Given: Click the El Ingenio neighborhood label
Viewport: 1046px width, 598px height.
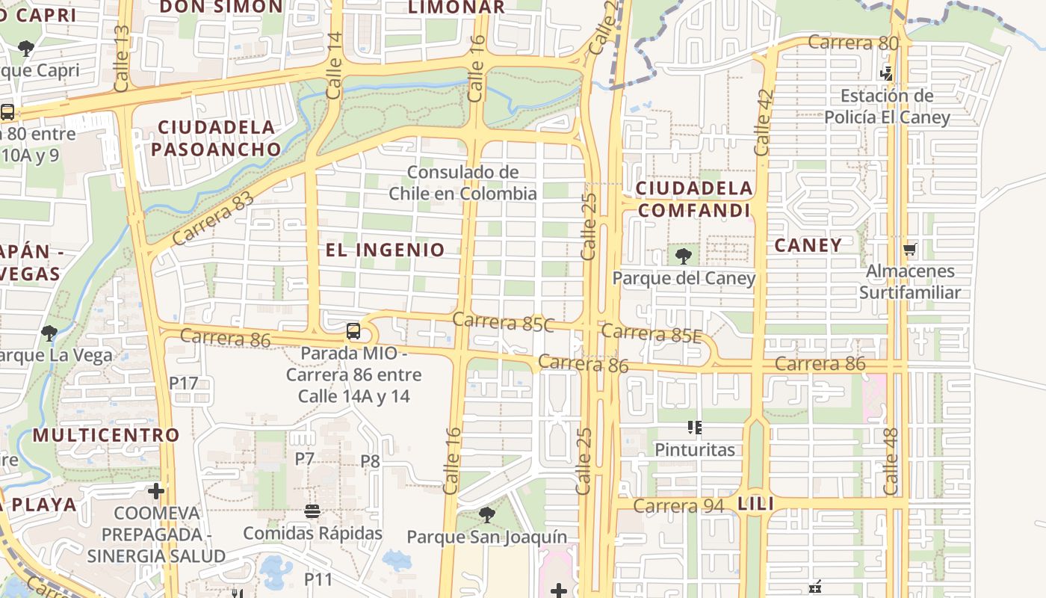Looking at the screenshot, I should click(386, 250).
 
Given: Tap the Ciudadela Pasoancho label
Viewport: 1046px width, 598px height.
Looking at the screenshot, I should click(217, 138).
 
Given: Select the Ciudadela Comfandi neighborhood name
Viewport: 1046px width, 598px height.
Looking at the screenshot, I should click(694, 199).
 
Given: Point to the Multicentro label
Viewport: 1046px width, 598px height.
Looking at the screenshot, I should click(106, 435).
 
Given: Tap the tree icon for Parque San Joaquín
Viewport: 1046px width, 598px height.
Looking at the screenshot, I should click(487, 515).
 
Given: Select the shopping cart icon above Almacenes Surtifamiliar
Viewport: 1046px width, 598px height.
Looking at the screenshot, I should click(909, 249).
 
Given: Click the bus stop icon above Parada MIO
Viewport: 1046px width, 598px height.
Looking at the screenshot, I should click(353, 331).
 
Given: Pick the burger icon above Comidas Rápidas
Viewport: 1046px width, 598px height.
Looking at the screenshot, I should click(312, 512).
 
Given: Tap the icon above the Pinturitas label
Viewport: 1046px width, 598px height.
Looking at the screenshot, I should click(695, 428).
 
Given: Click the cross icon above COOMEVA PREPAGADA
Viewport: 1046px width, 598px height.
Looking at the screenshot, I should click(156, 491).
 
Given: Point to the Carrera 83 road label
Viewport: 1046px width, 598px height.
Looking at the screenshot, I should click(213, 219).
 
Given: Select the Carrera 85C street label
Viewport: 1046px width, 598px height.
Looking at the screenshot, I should click(503, 323).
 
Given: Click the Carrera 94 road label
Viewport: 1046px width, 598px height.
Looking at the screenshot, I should click(678, 506).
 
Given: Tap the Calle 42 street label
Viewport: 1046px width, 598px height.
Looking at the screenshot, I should click(763, 122).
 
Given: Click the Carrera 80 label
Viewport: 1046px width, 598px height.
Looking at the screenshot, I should click(852, 43).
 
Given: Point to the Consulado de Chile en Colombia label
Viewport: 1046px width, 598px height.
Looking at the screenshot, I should click(462, 183).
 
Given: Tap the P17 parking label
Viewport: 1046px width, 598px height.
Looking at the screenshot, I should click(183, 383).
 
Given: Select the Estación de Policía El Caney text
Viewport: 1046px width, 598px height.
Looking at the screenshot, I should click(887, 107).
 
